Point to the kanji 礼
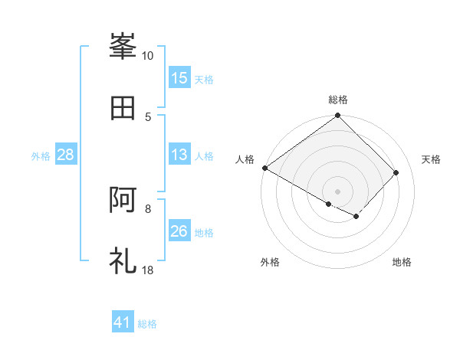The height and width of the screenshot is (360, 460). (x=123, y=260)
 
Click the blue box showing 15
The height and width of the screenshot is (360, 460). (x=179, y=78)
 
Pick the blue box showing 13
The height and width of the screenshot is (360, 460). (x=179, y=155)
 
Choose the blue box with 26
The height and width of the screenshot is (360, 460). (x=179, y=232)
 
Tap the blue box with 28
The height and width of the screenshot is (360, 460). (x=66, y=155)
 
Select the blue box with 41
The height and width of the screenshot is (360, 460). (x=123, y=322)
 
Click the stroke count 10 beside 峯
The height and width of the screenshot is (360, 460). (x=147, y=56)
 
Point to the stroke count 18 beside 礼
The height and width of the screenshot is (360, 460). (x=147, y=270)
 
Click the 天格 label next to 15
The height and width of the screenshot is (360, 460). (x=204, y=79)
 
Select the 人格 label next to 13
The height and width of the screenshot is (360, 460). (x=204, y=156)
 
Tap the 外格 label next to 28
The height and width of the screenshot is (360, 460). (x=41, y=156)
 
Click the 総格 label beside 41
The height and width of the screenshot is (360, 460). (x=147, y=324)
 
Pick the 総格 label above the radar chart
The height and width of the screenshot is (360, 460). (x=338, y=100)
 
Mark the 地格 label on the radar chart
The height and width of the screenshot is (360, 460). (x=402, y=263)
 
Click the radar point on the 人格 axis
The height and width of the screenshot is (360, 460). (x=264, y=168)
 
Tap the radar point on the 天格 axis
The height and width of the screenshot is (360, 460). (x=396, y=172)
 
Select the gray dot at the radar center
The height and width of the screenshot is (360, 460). (x=337, y=191)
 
